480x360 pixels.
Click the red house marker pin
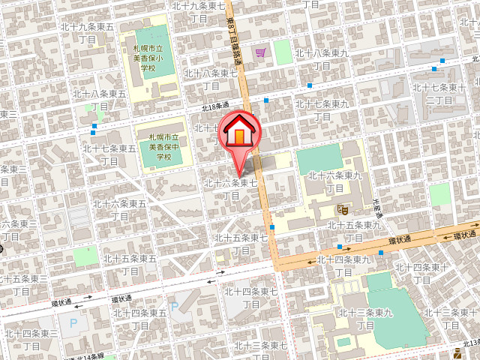[239, 135]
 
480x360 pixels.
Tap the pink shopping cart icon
[260, 52]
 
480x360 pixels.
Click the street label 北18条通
[214, 107]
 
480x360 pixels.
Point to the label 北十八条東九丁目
[322, 59]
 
